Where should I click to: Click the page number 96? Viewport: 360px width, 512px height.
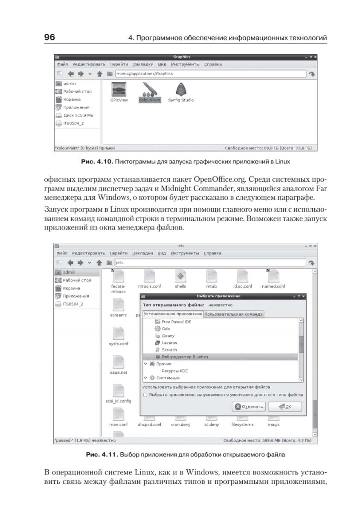point(49,38)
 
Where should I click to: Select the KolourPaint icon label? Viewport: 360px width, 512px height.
point(149,100)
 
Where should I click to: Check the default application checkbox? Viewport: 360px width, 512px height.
point(145,395)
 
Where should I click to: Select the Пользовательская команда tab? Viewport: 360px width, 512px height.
point(233,314)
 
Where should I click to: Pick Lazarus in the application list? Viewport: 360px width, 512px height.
point(169,343)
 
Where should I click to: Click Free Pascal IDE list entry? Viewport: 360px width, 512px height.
point(176,321)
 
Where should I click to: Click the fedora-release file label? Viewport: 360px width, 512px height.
point(119,289)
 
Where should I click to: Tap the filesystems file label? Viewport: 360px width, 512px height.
point(242,425)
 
